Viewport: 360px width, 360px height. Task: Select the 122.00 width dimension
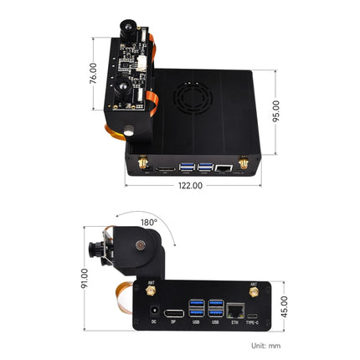(x=190, y=186)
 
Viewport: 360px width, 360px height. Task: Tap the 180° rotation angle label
(x=149, y=224)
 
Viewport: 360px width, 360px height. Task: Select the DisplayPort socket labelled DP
(x=173, y=311)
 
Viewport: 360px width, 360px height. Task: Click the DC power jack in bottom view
(x=152, y=311)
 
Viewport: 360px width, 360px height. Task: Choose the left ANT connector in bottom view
(x=151, y=292)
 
